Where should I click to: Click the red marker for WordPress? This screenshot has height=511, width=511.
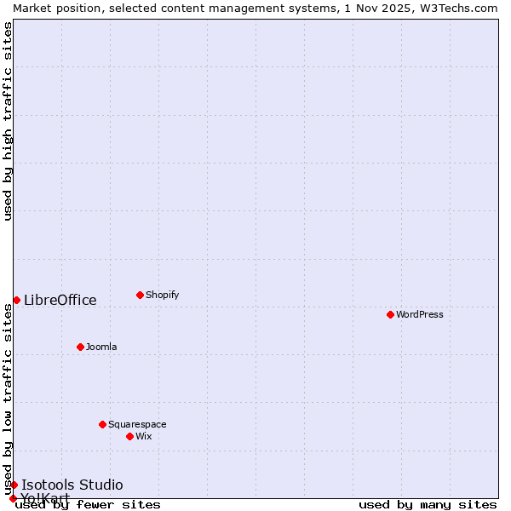[390, 314]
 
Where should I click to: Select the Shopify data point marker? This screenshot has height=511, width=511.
[140, 295]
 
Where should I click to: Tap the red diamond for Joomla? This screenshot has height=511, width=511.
[80, 347]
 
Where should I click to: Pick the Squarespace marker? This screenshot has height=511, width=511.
[102, 424]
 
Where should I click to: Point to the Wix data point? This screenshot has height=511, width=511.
[129, 436]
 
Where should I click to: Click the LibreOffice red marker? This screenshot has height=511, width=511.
[16, 300]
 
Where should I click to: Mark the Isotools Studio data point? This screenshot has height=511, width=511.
[14, 485]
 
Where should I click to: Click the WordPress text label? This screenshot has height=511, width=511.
[419, 314]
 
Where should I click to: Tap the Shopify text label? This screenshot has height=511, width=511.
[162, 295]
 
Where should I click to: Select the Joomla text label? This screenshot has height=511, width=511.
[101, 347]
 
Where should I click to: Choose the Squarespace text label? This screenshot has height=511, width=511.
[137, 424]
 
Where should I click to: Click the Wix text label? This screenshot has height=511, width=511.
[143, 436]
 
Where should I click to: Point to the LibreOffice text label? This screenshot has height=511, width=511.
[60, 300]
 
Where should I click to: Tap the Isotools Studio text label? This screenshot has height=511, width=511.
[72, 485]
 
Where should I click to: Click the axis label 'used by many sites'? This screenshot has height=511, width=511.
[428, 504]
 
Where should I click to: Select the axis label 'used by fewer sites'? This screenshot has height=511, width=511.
[88, 504]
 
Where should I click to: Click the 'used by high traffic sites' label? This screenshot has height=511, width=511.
[8, 121]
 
